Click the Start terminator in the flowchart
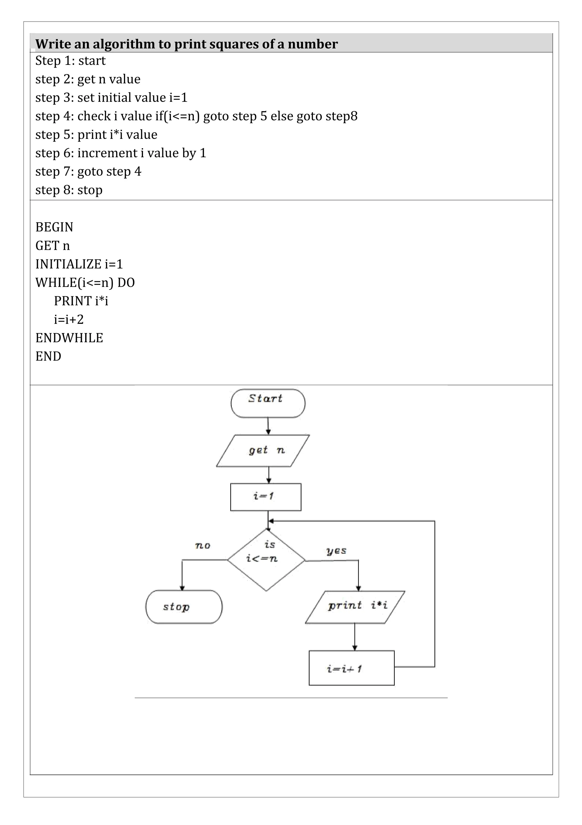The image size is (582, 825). coord(268,403)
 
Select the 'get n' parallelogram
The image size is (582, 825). coord(263,451)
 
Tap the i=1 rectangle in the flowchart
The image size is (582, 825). coord(265,497)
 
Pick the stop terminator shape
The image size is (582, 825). coord(184,607)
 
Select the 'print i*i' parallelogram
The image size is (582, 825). coord(355,607)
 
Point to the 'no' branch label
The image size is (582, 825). coord(203,546)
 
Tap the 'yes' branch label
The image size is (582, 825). coord(336,551)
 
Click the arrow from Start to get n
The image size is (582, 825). coord(268,426)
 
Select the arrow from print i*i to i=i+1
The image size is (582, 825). coord(355,636)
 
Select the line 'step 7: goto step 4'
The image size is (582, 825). coord(88,171)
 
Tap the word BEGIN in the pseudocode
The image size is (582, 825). coord(54,227)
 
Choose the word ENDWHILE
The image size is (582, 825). coord(69,338)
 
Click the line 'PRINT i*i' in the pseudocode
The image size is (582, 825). coord(81,301)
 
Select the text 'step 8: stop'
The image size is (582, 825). coord(69,190)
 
